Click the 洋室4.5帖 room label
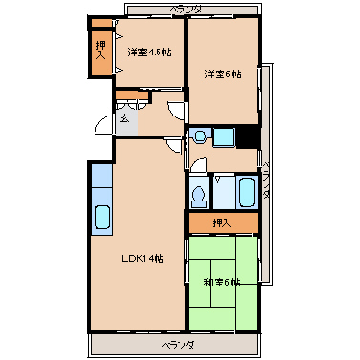[149, 52]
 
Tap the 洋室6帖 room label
[222, 74]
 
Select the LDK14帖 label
[142, 259]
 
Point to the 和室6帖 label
[222, 283]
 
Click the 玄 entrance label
[125, 118]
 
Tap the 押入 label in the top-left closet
[101, 51]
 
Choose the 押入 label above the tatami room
[222, 223]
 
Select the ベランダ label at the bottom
[178, 345]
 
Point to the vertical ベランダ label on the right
[266, 180]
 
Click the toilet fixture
[199, 197]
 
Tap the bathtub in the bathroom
[247, 192]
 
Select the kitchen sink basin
[102, 217]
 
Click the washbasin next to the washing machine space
[200, 136]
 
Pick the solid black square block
[246, 137]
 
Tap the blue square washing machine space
[223, 138]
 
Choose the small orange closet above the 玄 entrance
[132, 95]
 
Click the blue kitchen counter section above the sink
[101, 176]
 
